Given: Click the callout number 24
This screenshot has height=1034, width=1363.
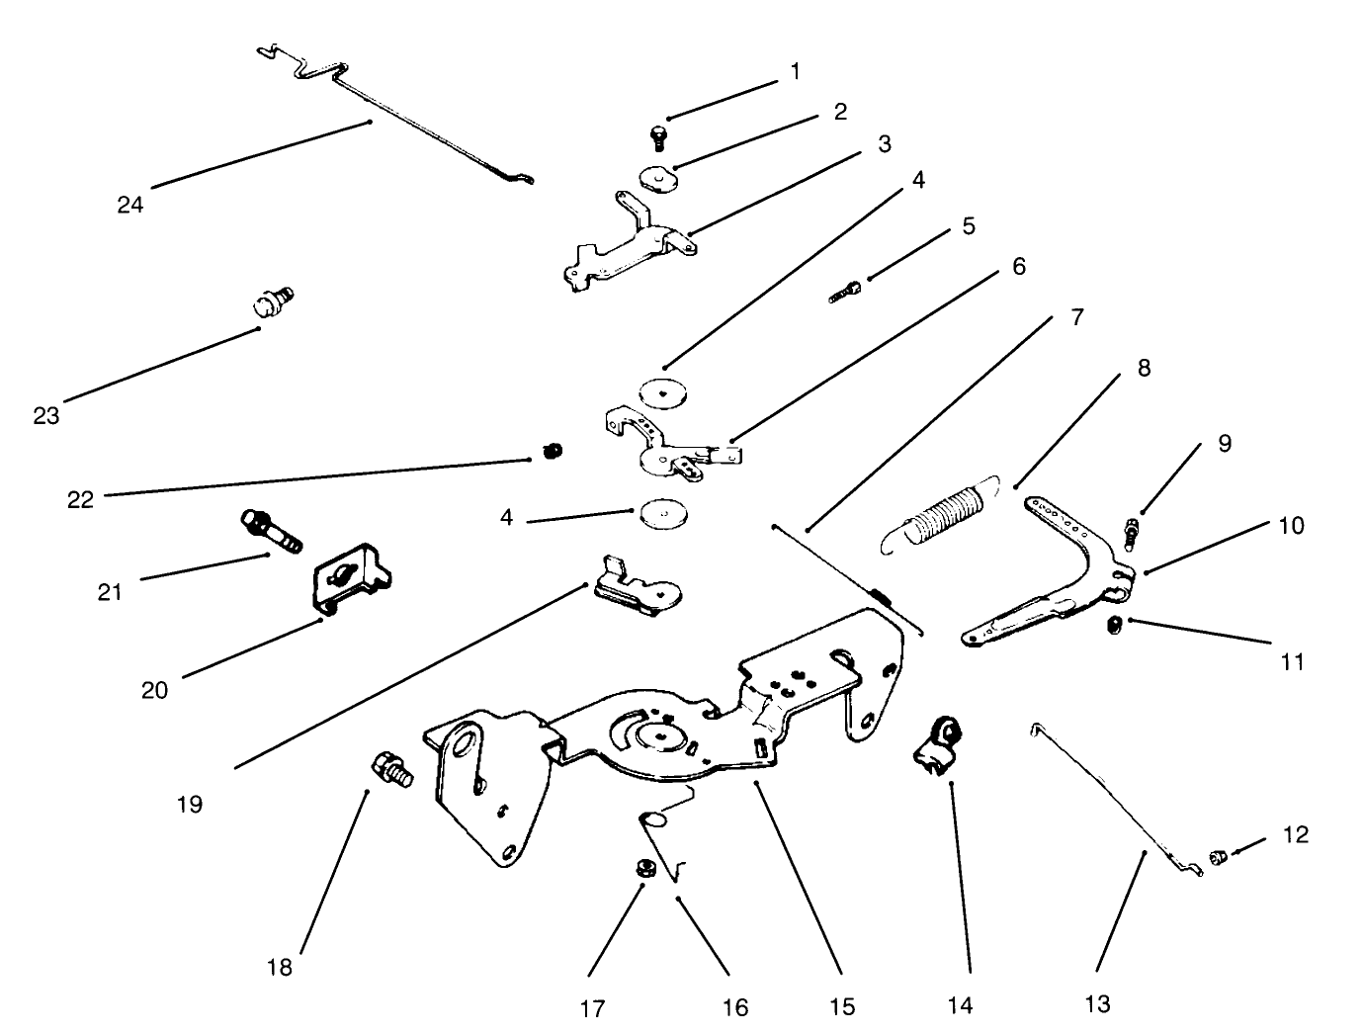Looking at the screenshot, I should (130, 205).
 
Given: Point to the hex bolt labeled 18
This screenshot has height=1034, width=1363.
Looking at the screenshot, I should (392, 769).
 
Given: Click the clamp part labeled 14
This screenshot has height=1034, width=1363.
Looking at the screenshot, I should (937, 746).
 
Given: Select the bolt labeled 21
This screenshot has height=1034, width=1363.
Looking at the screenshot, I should (270, 529).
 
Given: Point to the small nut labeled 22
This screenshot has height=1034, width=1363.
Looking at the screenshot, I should (553, 452).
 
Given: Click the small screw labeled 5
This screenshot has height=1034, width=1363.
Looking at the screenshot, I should (847, 291).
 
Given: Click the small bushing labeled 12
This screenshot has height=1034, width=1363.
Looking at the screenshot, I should (1219, 856).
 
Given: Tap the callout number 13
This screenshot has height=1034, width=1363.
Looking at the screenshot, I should (1097, 1004).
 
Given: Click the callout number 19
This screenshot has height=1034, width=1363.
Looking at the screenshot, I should (190, 804).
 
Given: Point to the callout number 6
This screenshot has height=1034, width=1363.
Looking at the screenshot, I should (1018, 267).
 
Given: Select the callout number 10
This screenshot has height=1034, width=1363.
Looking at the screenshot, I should (1291, 525).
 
